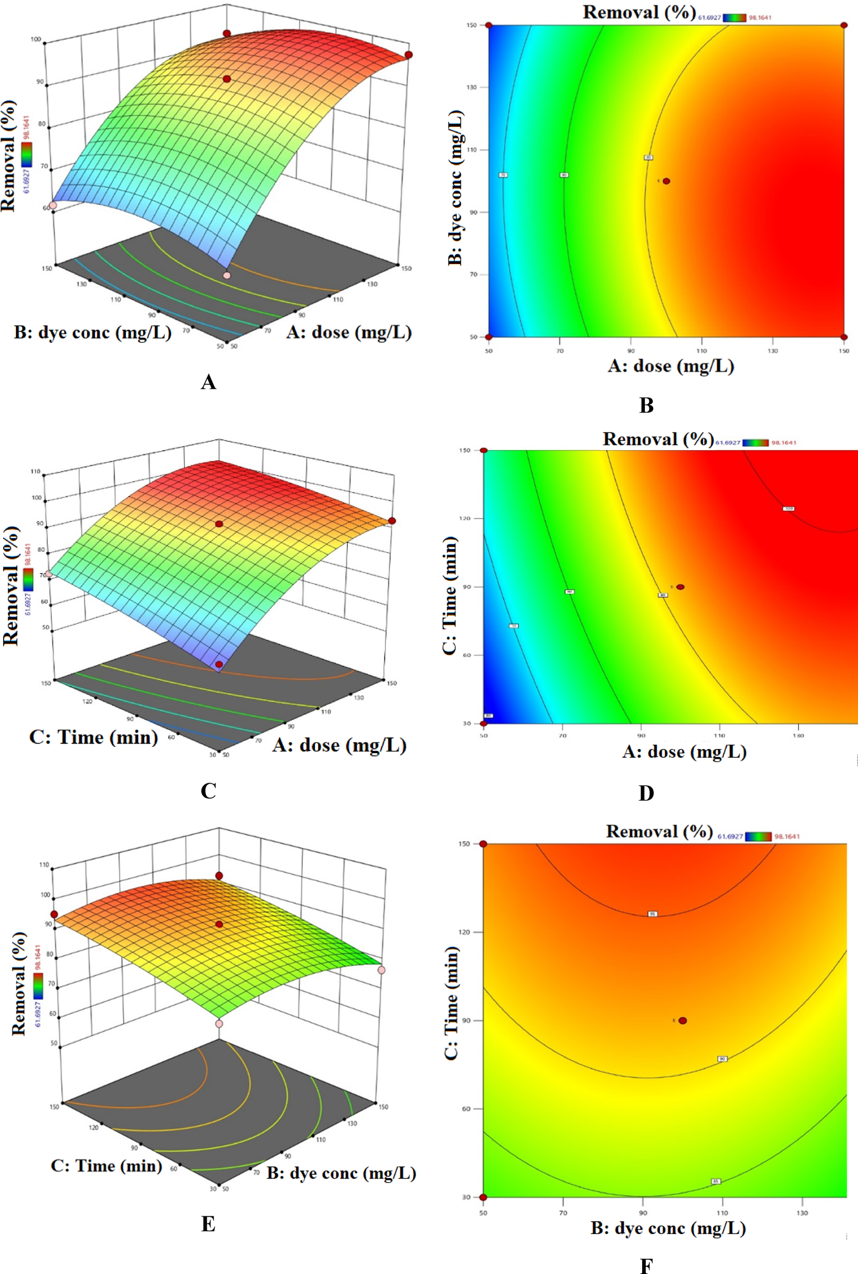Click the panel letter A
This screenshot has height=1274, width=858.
coord(208,382)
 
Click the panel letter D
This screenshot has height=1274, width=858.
coord(646,793)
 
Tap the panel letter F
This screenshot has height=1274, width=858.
coord(646,1265)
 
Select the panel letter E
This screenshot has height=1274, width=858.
coord(208,1224)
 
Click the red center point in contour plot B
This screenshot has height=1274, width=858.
coord(666,181)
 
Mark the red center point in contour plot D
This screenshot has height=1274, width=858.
coord(680,587)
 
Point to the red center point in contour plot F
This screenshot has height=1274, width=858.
coord(682,1020)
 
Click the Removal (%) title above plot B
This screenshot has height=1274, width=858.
coord(639,12)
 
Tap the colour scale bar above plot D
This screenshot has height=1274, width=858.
coord(756,442)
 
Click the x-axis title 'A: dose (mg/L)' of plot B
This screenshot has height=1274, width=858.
coord(670,366)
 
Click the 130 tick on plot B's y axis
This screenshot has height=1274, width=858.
coord(471,87)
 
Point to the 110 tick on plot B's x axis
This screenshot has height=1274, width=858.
coord(701,351)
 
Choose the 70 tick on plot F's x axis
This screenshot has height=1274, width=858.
coord(563,1213)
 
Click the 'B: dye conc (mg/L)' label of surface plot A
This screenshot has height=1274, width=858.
coord(92,332)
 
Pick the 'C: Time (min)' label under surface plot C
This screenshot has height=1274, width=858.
coord(93,737)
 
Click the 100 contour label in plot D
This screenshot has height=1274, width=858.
coord(788,509)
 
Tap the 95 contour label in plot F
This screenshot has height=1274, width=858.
coord(652,913)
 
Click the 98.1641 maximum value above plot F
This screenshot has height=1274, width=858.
coord(787,836)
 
